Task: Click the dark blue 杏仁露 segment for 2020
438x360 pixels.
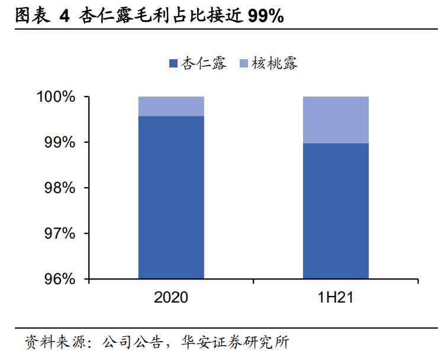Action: (x=171, y=197)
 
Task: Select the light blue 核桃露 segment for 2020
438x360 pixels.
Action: (x=171, y=106)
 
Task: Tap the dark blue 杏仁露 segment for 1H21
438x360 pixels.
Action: (x=336, y=211)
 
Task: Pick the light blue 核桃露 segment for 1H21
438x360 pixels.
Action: (x=336, y=120)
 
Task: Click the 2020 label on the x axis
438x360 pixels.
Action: (x=171, y=297)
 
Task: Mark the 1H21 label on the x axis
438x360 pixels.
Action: (x=336, y=297)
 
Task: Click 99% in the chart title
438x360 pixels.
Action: (x=266, y=17)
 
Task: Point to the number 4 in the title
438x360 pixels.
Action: (x=64, y=17)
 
